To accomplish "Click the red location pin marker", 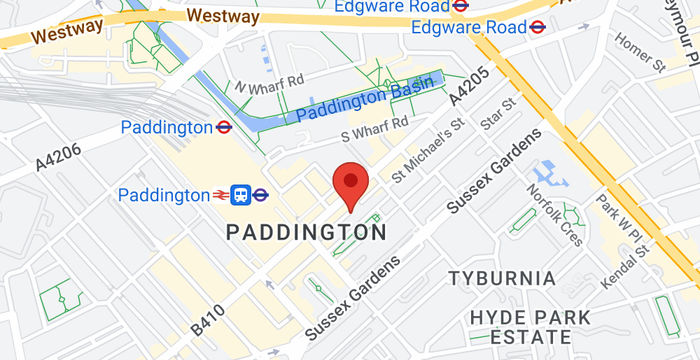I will [350, 184].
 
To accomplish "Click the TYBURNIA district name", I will [501, 277].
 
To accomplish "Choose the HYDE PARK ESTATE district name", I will [529, 330].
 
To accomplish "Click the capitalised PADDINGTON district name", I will [306, 233].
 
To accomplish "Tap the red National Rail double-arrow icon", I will [221, 195].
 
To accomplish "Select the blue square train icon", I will [241, 195].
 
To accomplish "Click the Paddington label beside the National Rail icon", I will [164, 195].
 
